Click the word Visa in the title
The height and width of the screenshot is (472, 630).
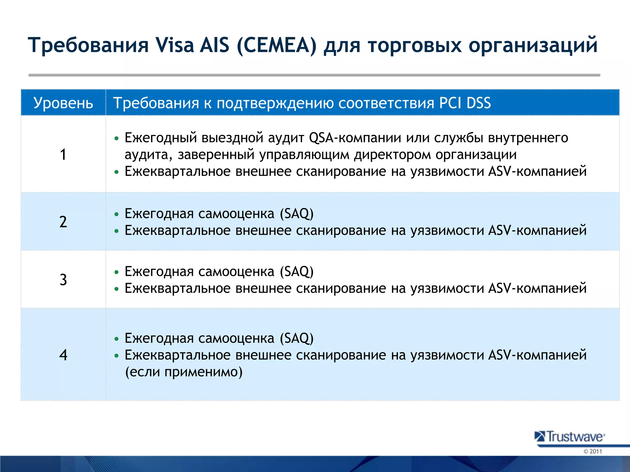click(175, 45)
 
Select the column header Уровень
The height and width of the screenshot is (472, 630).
click(63, 103)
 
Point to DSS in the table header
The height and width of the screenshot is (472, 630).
click(478, 103)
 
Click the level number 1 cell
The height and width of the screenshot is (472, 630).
click(63, 154)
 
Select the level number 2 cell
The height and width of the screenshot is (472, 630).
click(63, 222)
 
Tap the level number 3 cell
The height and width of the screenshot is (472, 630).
click(63, 280)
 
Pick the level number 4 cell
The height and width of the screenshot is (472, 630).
click(63, 355)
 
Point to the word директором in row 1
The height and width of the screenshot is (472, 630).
click(392, 155)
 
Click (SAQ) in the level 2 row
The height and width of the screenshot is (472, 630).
click(297, 214)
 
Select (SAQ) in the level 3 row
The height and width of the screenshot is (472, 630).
click(297, 272)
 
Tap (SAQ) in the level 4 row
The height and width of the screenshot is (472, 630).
click(297, 338)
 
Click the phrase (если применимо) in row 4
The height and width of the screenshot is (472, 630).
click(184, 372)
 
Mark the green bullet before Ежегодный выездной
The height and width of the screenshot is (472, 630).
click(116, 139)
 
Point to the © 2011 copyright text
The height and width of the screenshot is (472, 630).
click(592, 451)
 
